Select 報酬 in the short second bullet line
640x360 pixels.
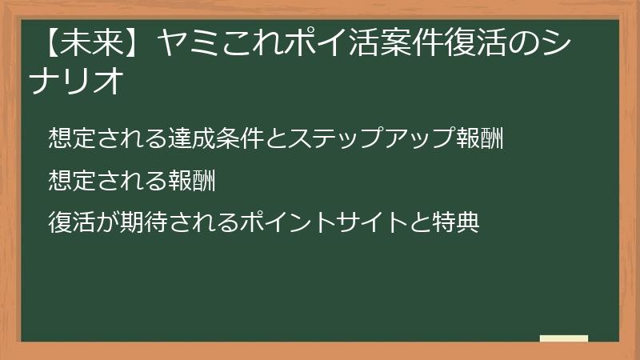(x=192, y=181)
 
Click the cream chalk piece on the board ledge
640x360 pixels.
(x=564, y=338)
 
